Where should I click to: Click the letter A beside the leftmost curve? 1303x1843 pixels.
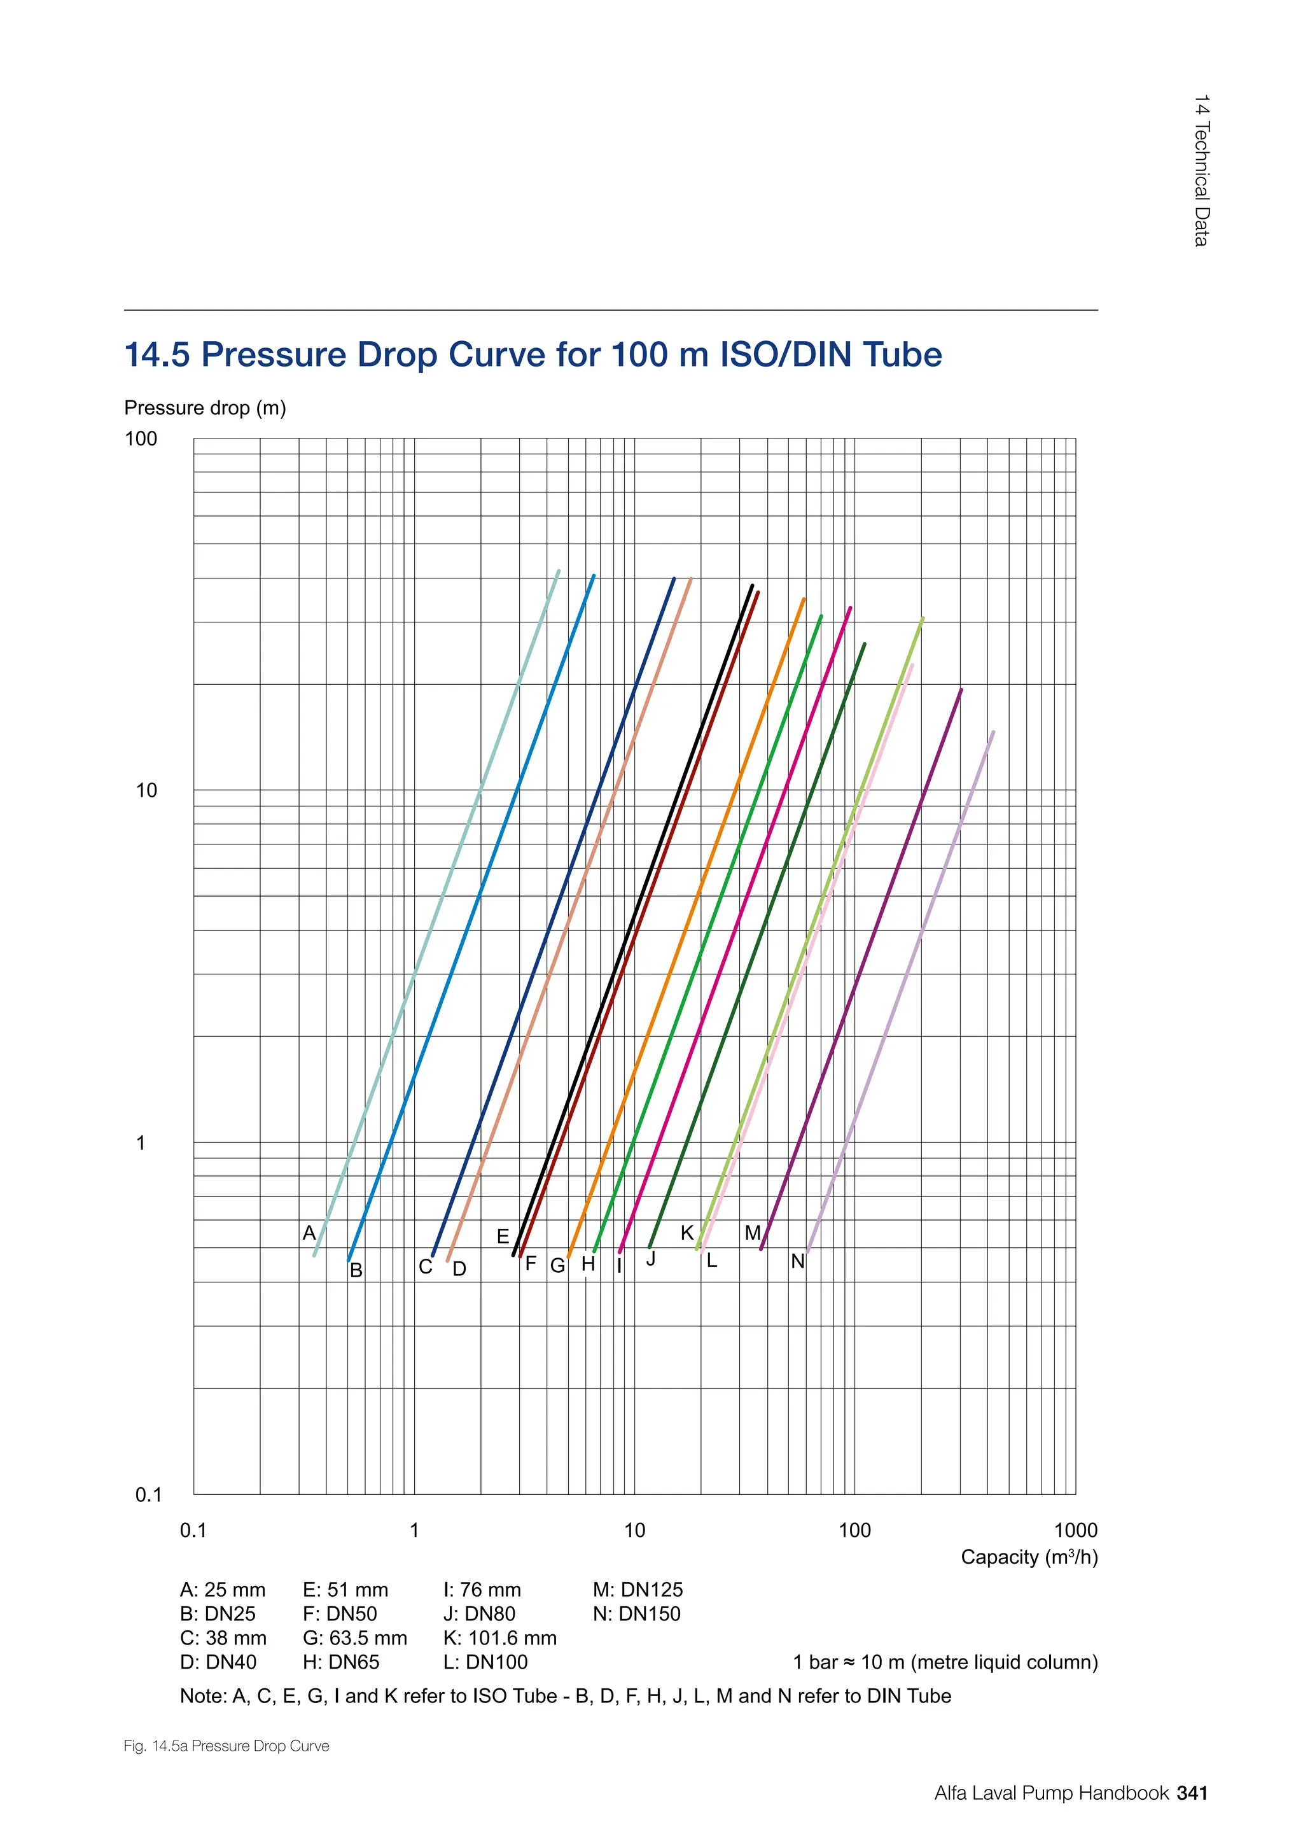(x=309, y=1233)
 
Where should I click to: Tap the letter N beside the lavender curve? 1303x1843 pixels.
(x=798, y=1261)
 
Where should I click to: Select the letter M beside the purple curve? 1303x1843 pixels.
(x=752, y=1232)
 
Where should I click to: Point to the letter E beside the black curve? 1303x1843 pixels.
(x=503, y=1236)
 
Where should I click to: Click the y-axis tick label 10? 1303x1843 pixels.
(x=146, y=790)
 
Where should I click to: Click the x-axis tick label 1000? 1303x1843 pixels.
(x=1075, y=1530)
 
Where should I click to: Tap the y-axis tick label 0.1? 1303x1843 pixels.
(x=148, y=1495)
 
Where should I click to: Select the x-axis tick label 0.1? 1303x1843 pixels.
(x=193, y=1530)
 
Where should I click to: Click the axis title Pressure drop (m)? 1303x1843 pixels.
(x=205, y=408)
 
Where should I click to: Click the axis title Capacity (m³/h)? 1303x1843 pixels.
(x=1029, y=1557)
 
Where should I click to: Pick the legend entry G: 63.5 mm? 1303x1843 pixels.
(x=354, y=1637)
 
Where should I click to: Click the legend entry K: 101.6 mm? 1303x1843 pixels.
(x=499, y=1637)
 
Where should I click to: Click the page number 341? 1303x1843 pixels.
(x=1192, y=1793)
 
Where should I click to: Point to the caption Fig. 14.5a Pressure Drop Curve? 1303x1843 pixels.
(x=226, y=1746)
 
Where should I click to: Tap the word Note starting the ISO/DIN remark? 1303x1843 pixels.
(x=202, y=1696)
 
